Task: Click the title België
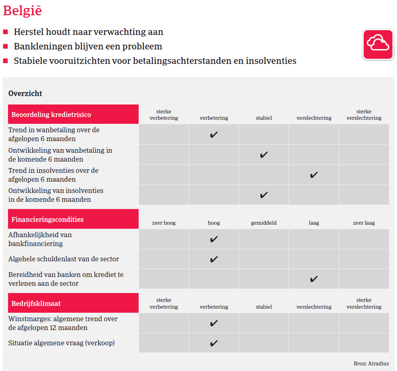click(23, 11)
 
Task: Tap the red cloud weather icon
click(378, 44)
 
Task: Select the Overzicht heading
click(25, 93)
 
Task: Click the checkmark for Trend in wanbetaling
click(214, 135)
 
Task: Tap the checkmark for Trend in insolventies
click(314, 175)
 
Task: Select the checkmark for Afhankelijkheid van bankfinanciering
click(214, 239)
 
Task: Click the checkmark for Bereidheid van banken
click(314, 279)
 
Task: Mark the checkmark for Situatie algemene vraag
click(214, 343)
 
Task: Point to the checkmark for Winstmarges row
click(214, 323)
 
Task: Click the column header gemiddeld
click(264, 223)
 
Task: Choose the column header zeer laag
click(364, 223)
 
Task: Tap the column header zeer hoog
click(164, 223)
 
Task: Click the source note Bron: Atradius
click(371, 363)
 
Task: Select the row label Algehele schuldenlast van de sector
click(63, 259)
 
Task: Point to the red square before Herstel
click(6, 32)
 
